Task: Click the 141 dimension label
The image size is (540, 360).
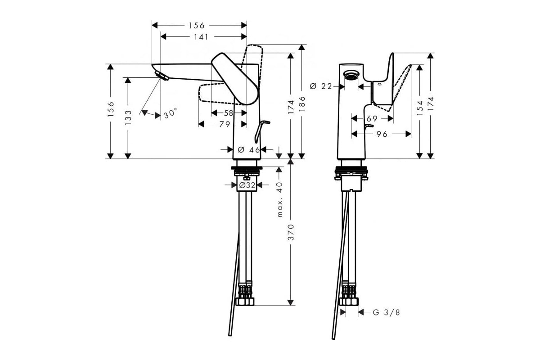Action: pyautogui.click(x=201, y=37)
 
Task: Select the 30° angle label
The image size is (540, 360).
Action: pyautogui.click(x=171, y=113)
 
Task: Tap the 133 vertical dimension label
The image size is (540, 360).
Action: pyautogui.click(x=128, y=117)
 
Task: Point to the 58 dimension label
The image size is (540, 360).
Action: pyautogui.click(x=229, y=113)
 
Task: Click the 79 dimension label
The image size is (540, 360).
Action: pyautogui.click(x=225, y=124)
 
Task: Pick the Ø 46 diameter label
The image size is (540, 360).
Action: pyautogui.click(x=249, y=150)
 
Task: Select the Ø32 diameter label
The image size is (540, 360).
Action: pyautogui.click(x=247, y=185)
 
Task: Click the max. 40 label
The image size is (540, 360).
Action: pyautogui.click(x=279, y=199)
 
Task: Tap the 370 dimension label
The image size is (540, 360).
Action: pyautogui.click(x=291, y=232)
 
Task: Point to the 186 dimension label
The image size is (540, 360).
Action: pyautogui.click(x=302, y=103)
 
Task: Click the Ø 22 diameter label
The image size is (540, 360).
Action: pyautogui.click(x=321, y=86)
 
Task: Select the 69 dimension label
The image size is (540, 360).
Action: pyautogui.click(x=372, y=118)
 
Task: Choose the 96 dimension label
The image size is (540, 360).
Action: pyautogui.click(x=382, y=134)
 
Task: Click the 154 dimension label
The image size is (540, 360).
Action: pyautogui.click(x=420, y=108)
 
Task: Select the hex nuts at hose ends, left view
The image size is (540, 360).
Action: pyautogui.click(x=245, y=301)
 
